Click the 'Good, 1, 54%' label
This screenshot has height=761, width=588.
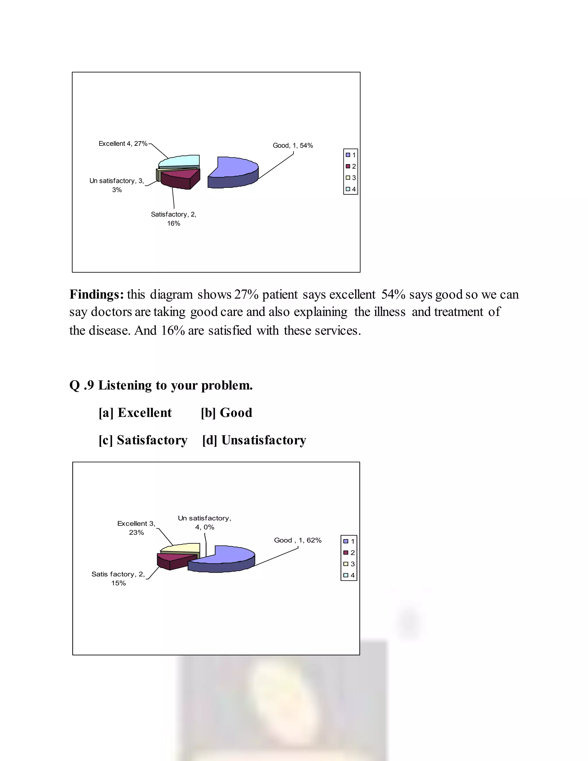293,145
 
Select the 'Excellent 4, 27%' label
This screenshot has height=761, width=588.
123,144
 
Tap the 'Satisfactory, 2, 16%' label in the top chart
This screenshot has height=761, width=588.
173,219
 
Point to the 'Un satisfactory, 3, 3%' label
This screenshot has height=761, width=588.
117,185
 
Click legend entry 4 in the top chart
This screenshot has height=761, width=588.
351,189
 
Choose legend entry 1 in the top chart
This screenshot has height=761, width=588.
351,155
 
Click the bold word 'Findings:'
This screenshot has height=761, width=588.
96,294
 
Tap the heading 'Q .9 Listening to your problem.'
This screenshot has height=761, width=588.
161,385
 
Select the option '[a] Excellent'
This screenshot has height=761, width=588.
135,413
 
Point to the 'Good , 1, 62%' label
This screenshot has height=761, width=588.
297,540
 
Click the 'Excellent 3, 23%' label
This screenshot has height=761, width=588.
136,528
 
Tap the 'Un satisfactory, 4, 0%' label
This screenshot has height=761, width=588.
204,523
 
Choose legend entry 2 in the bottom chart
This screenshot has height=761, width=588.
349,553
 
